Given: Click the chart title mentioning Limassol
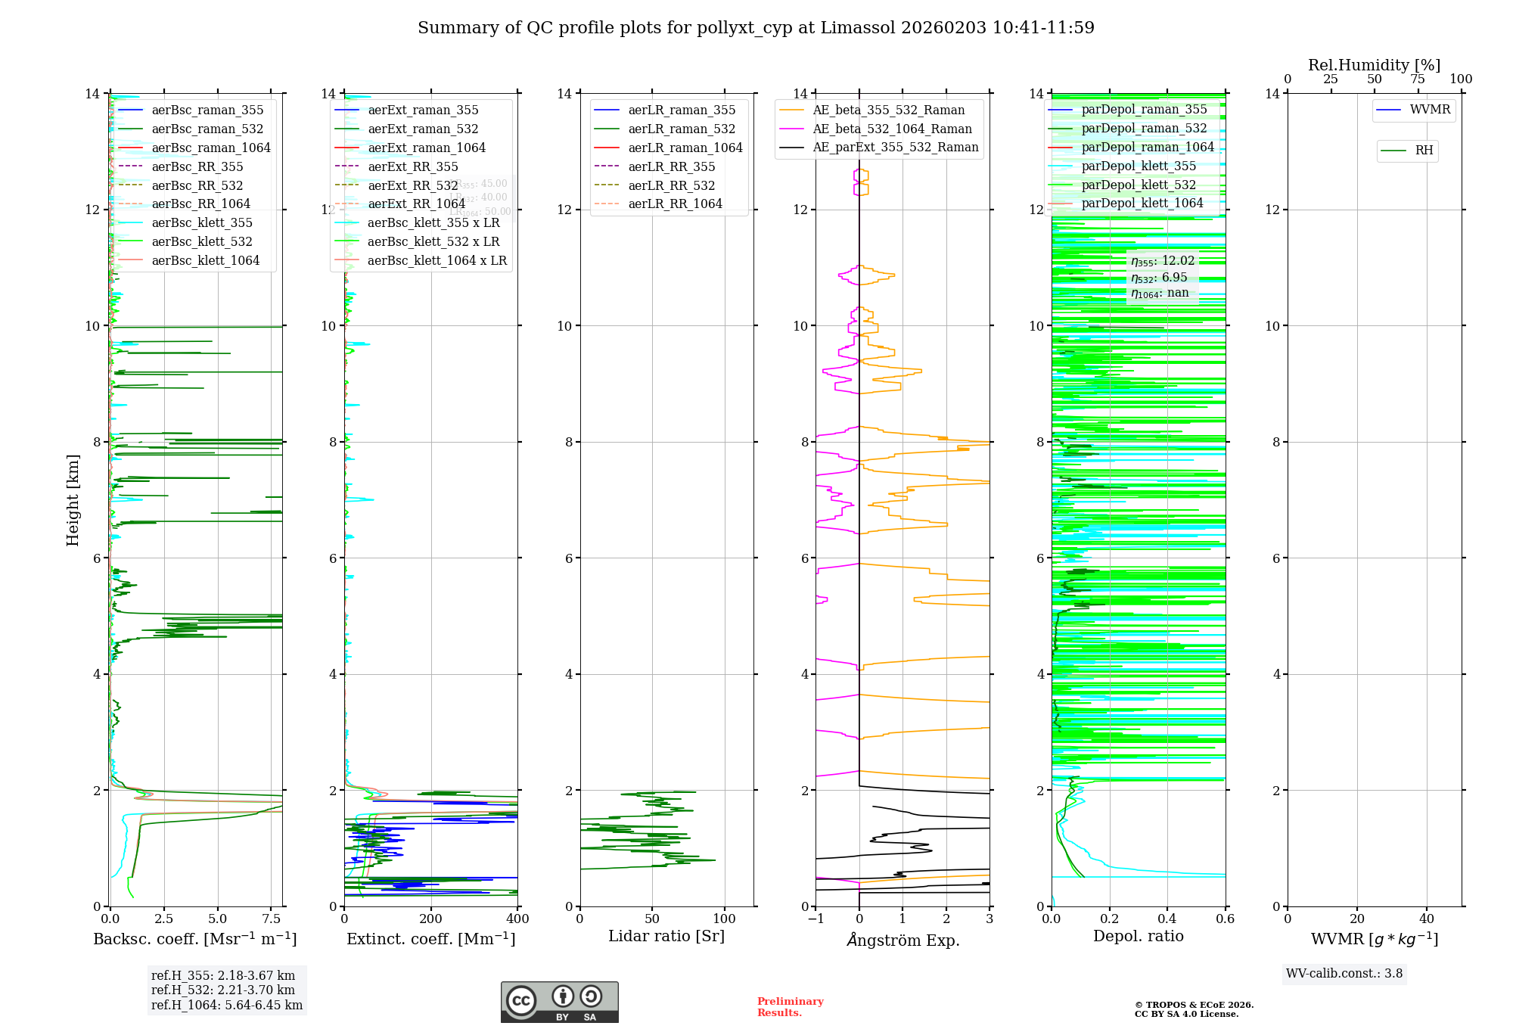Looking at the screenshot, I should click(x=756, y=28).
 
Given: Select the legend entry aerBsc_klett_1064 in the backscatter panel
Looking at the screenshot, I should click(x=205, y=260).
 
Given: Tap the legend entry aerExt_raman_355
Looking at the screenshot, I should click(x=423, y=110).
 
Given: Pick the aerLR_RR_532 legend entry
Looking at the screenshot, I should click(x=671, y=185).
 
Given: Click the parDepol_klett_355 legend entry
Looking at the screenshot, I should click(x=1139, y=166).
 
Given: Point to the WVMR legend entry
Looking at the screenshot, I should click(x=1430, y=110).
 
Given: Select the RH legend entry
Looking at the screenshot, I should click(x=1424, y=151).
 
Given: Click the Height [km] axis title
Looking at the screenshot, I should click(x=73, y=499).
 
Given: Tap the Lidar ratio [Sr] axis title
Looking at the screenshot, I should click(x=666, y=936).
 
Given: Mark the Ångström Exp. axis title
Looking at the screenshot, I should click(x=903, y=940).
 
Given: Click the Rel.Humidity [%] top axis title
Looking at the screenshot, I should click(x=1374, y=65).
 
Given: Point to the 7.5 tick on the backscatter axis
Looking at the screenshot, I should click(x=272, y=919).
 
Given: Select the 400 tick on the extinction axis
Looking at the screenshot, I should click(x=517, y=919).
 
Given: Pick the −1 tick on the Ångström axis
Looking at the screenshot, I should click(x=816, y=919).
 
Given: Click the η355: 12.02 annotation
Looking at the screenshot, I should click(x=1163, y=261).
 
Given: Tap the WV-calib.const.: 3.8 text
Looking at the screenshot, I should click(x=1344, y=974).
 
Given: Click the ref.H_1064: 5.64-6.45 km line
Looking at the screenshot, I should click(x=227, y=1006).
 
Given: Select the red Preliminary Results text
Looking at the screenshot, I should click(x=790, y=1007).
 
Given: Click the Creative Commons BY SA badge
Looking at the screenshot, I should click(x=559, y=1003).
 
